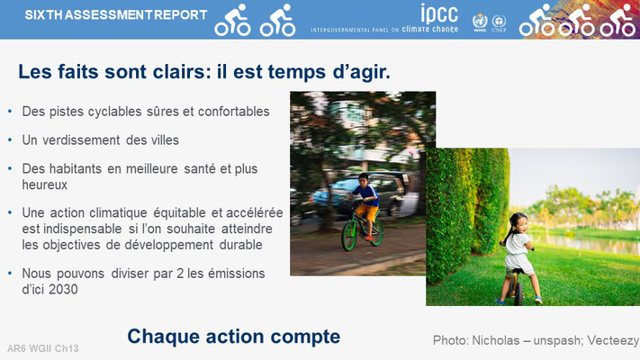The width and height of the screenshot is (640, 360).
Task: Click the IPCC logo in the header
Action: coord(439,13)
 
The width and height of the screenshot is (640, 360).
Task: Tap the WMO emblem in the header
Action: coord(480,22)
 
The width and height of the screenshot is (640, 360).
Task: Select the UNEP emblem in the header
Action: coord(499,23)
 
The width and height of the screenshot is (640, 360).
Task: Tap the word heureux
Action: coord(44,184)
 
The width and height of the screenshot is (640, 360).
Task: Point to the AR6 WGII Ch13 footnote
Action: coord(43,348)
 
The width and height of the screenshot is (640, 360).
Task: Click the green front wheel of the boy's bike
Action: coord(349,236)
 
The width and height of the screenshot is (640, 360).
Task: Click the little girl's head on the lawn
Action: coord(518,223)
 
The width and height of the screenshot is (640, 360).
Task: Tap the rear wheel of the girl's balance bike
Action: coord(518,291)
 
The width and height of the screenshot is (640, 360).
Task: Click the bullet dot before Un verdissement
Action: coord(10,140)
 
